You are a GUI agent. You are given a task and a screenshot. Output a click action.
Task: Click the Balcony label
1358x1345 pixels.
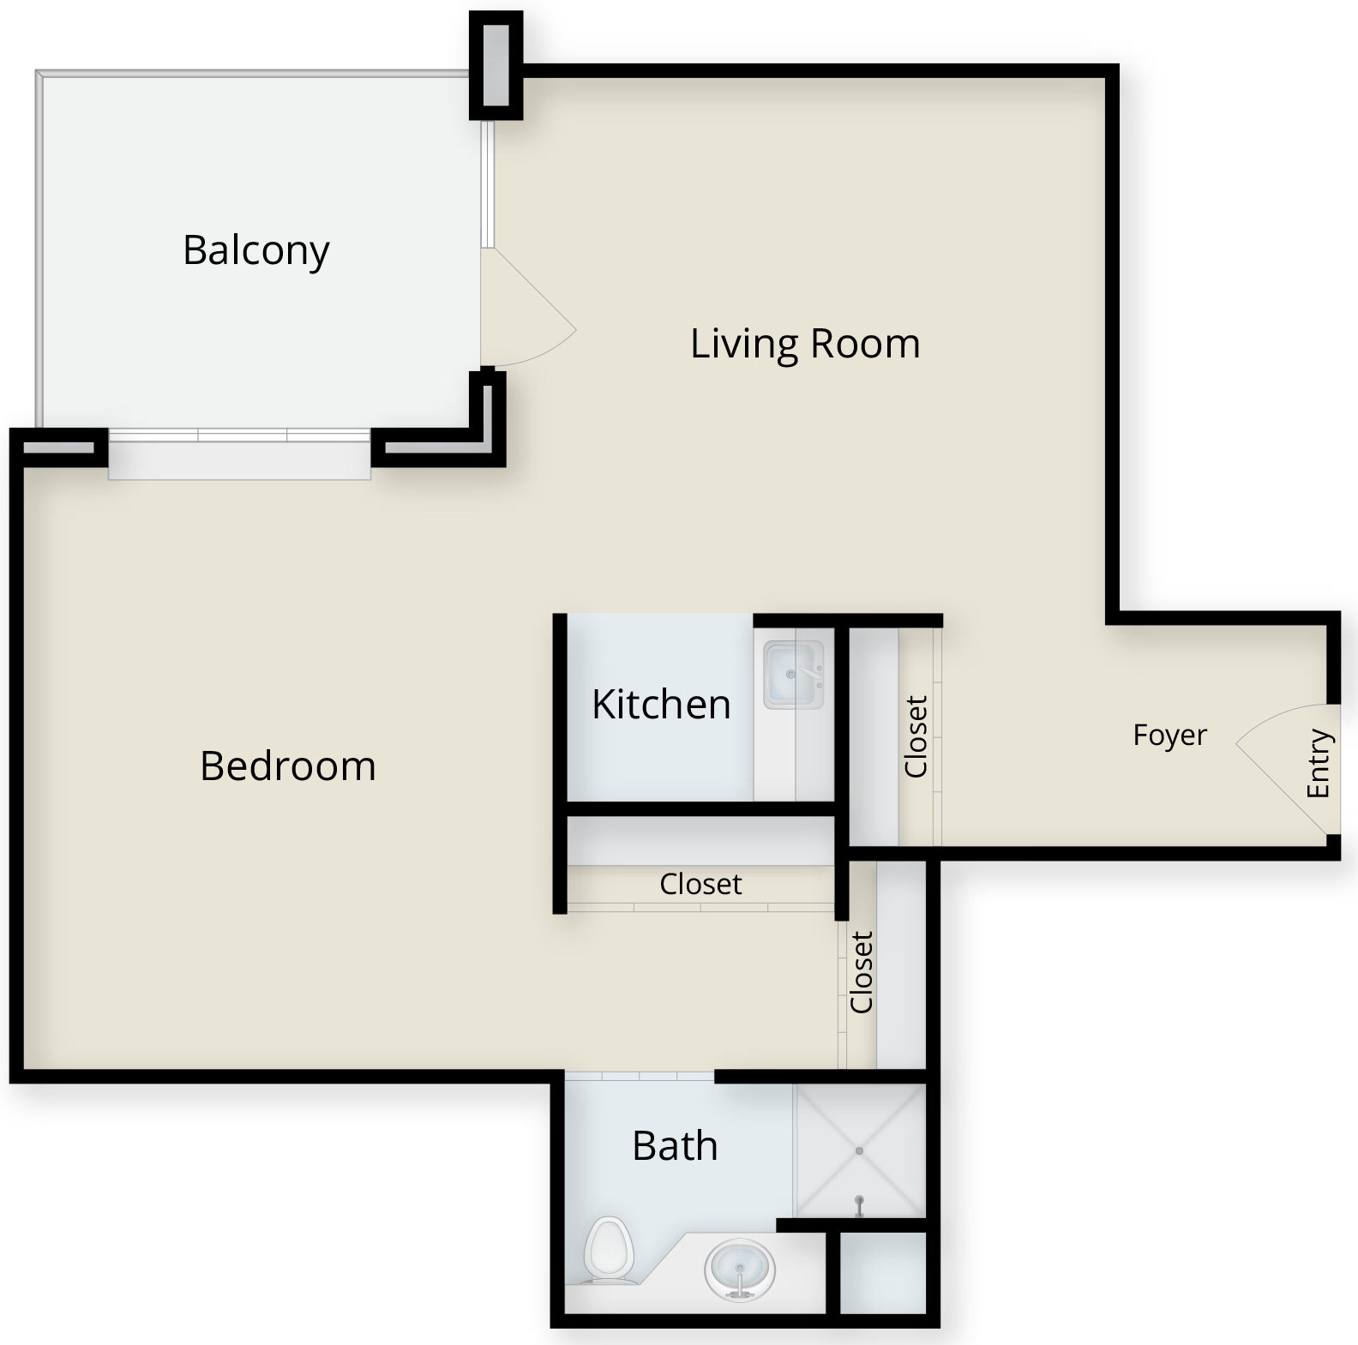tap(255, 250)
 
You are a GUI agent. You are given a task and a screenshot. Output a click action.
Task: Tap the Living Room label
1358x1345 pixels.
tap(805, 344)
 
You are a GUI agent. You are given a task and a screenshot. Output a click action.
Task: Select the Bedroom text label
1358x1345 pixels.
tap(288, 766)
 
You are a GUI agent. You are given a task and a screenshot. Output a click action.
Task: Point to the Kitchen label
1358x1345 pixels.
tap(661, 704)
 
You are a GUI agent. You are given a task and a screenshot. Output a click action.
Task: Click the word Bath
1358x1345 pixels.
tap(675, 1145)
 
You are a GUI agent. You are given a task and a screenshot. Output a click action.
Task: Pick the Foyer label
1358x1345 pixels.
tap(1169, 735)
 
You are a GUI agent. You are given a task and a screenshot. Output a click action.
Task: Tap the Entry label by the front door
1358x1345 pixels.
tap(1318, 763)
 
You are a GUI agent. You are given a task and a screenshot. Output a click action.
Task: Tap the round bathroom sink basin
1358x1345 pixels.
tap(740, 1270)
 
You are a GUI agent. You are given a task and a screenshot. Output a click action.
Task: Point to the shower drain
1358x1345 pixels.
tap(859, 1151)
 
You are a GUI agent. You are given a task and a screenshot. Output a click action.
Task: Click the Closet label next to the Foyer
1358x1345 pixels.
tap(916, 736)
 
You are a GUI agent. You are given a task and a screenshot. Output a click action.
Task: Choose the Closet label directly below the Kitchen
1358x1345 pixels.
tap(700, 884)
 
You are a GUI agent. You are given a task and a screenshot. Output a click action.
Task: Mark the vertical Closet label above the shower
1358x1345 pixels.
tap(861, 972)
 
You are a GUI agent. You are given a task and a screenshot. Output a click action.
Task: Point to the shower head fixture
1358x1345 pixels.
tap(859, 1204)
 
